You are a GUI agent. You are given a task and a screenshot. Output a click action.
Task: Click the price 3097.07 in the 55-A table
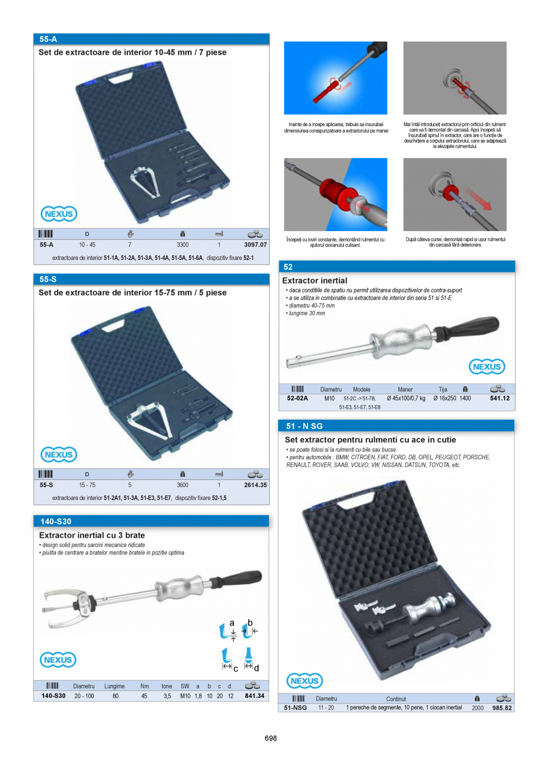tap(255, 244)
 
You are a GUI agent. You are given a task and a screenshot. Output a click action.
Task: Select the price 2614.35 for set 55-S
tap(255, 485)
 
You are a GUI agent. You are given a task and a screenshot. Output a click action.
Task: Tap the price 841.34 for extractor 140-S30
tap(255, 696)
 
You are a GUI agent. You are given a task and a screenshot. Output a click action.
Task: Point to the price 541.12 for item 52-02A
tap(499, 399)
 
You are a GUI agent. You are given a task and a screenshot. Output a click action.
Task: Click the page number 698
tap(271, 738)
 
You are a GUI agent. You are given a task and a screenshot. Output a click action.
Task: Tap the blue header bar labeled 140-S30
tap(151, 521)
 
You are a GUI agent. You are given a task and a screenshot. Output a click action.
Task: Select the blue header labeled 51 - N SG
tap(396, 426)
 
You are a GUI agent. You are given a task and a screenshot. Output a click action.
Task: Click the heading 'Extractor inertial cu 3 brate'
tap(92, 535)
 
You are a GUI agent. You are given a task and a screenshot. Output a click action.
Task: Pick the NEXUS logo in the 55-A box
tap(59, 213)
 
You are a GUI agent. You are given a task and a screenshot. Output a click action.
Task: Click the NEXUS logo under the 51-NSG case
tap(305, 681)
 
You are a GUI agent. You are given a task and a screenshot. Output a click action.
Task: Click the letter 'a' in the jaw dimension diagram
tap(232, 623)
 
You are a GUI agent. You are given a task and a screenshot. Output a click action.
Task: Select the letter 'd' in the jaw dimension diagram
tap(256, 667)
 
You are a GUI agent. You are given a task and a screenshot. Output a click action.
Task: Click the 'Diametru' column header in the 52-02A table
tap(331, 389)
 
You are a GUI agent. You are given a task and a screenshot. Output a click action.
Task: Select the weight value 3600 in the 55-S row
tap(183, 485)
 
